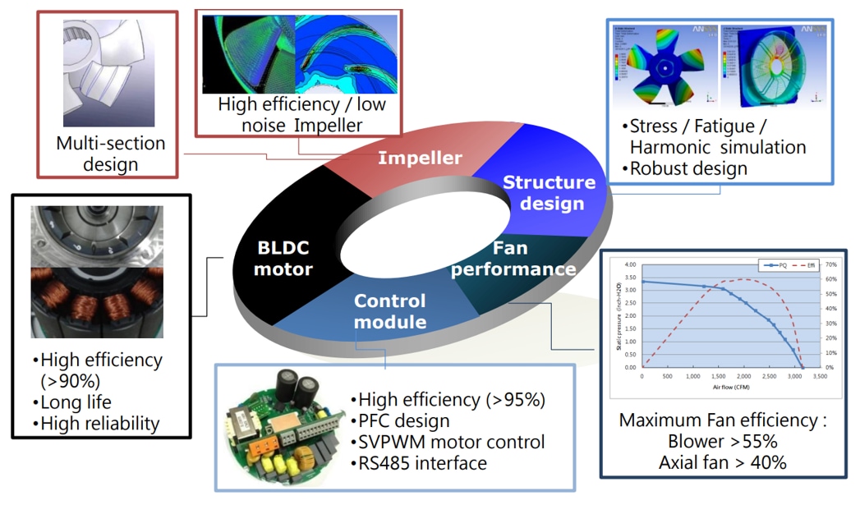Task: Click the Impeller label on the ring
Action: [x=420, y=158]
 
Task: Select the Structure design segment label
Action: [x=548, y=192]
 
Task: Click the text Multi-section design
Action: [x=110, y=154]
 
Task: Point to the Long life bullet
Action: [x=75, y=402]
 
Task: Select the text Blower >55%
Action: [x=722, y=442]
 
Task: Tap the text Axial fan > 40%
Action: [x=722, y=463]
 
